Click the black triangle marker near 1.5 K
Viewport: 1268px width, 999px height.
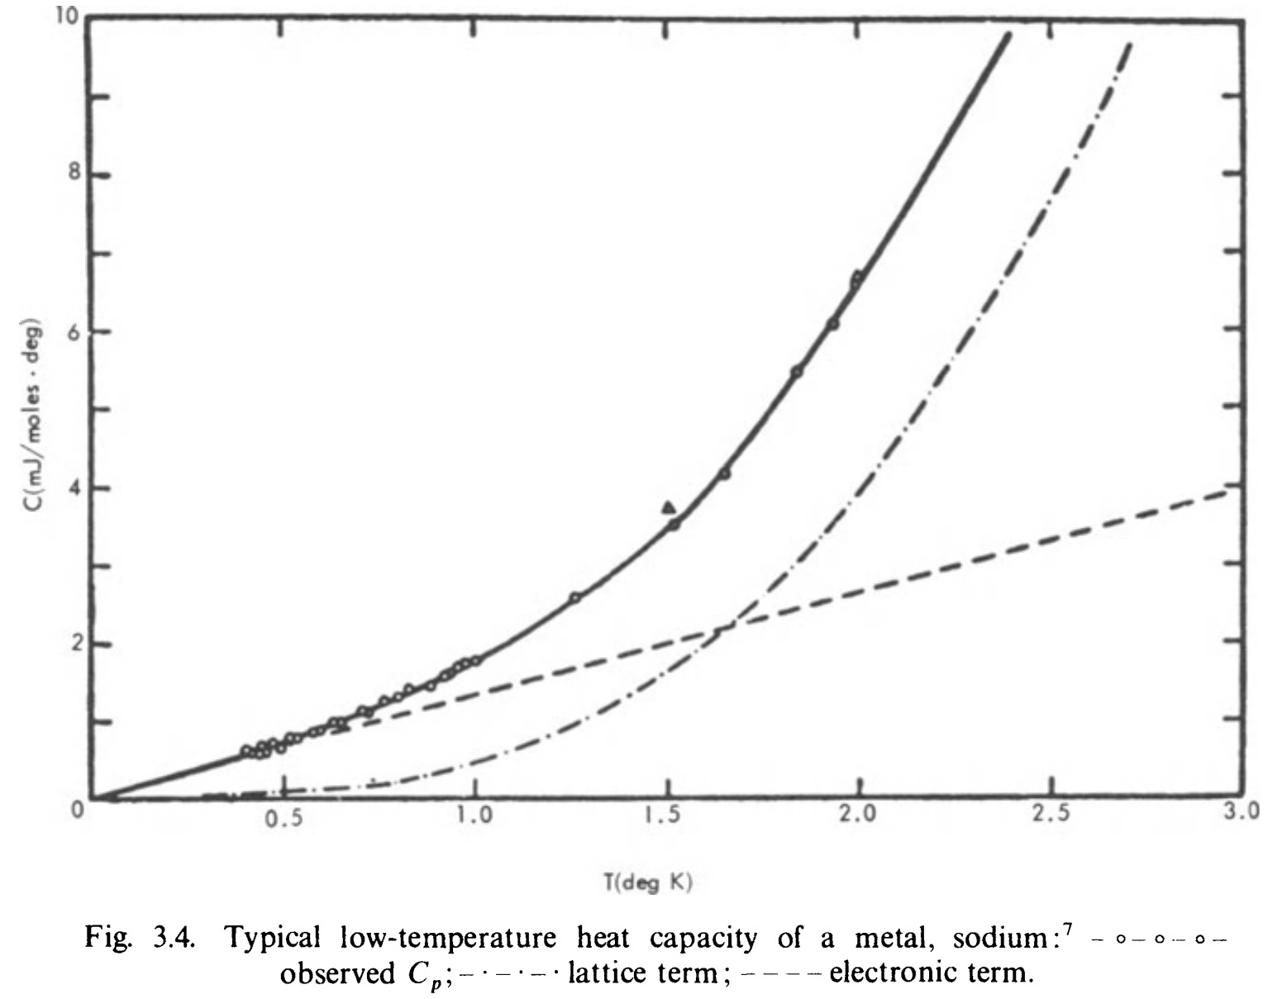(x=669, y=508)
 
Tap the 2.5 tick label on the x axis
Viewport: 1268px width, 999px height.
(x=1051, y=814)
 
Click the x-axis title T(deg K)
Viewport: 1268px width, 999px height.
(x=647, y=883)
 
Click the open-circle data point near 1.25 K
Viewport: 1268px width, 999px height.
(x=574, y=597)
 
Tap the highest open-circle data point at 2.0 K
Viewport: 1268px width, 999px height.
(x=857, y=277)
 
